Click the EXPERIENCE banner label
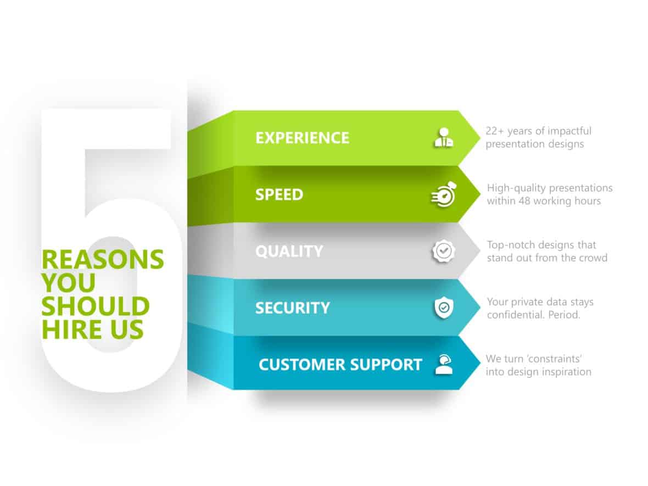302,137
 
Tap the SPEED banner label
279,194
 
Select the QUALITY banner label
289,251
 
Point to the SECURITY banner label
292,308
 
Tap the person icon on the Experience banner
443,137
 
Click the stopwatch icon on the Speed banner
443,194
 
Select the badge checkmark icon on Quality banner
443,251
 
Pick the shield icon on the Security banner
443,308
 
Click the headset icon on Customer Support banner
443,364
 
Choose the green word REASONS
103,259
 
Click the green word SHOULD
95,306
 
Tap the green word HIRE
65,329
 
